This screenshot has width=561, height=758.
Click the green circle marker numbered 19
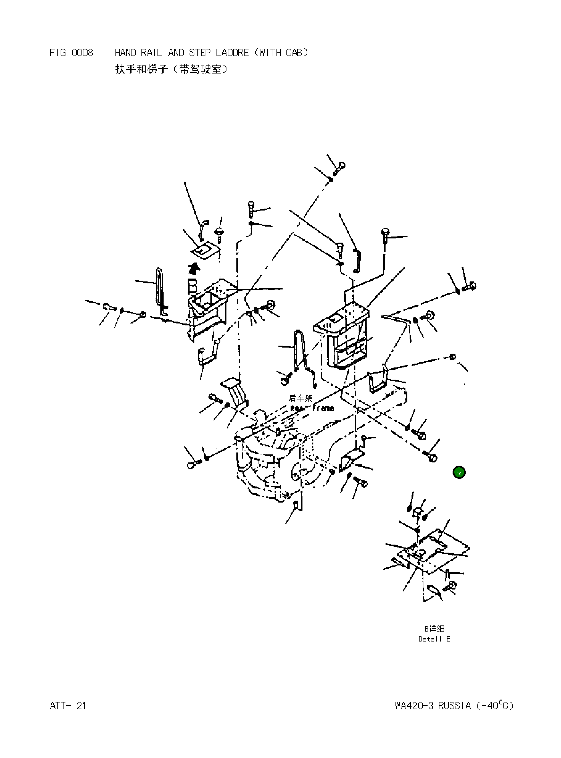459,472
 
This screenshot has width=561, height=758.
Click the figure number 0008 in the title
82,53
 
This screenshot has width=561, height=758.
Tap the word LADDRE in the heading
232,53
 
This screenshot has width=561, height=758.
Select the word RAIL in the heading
151,53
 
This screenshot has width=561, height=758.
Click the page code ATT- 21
68,706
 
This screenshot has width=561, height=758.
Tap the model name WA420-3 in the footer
414,706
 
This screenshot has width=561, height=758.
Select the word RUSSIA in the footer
455,706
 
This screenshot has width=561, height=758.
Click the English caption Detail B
434,639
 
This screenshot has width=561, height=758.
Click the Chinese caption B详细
434,629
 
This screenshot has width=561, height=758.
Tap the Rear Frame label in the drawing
312,408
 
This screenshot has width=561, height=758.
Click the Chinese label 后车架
301,398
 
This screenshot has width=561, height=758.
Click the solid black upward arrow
194,268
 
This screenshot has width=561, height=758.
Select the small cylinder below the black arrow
192,286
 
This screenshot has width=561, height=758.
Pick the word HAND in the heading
125,53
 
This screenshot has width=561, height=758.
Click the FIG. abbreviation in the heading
58,53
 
